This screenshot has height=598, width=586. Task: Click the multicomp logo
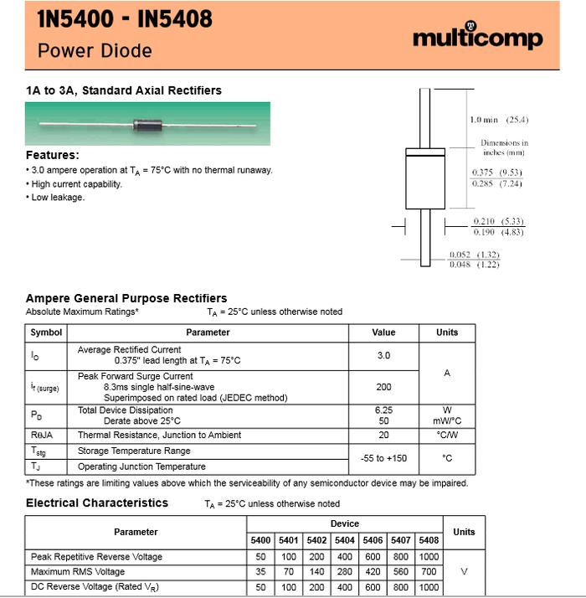[477, 38]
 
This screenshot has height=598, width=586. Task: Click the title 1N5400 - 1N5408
[125, 19]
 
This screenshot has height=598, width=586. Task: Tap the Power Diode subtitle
[95, 50]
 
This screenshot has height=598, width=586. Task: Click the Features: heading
[53, 155]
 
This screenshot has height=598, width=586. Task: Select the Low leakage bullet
[58, 198]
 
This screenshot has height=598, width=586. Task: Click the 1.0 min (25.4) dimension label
[499, 120]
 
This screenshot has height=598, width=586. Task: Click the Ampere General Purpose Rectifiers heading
[126, 298]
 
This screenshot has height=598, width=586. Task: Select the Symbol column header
[46, 333]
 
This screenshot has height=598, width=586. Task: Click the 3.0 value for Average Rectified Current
[383, 355]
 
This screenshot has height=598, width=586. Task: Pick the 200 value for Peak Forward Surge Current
[383, 387]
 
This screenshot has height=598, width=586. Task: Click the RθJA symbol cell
[42, 435]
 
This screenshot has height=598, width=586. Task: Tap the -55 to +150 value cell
[383, 458]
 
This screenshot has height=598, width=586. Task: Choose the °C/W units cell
[447, 435]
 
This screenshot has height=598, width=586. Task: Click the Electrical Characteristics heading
[97, 503]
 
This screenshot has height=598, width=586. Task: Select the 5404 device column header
[344, 540]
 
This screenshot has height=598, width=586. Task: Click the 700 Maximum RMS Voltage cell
[429, 572]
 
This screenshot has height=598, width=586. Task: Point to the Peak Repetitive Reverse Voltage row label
[96, 557]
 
